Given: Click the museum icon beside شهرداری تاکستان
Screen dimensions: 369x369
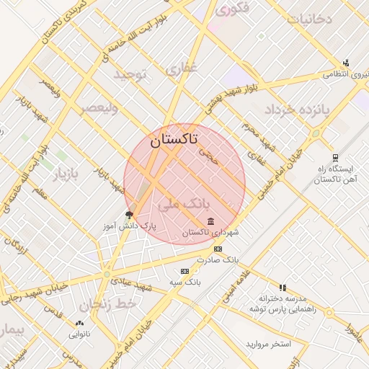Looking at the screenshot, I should pos(210,221).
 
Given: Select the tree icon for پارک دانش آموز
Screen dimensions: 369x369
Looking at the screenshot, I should pos(130,215).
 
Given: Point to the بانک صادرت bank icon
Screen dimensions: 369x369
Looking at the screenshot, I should pos(218,249).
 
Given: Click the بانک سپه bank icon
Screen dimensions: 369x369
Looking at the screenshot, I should pos(184,271).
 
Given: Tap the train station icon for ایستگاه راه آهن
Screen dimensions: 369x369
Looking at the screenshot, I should pos(335,158).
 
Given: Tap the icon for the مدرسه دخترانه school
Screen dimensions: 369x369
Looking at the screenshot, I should pos(283,288).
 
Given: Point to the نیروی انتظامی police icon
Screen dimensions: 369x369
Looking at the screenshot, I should pos(346,63).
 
